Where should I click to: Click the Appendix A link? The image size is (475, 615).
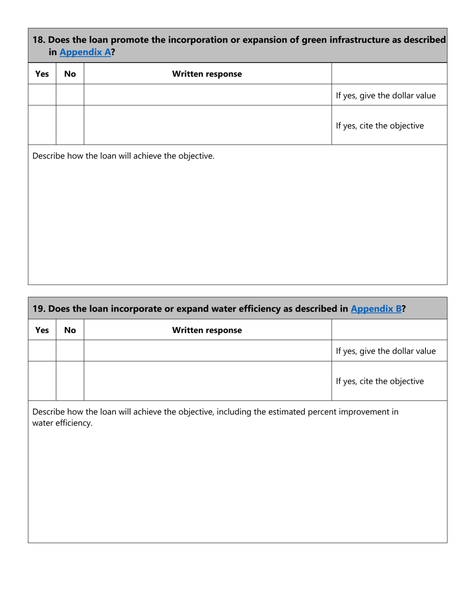(x=84, y=51)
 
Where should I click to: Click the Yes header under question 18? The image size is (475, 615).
(x=42, y=74)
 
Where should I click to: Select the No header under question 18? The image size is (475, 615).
(x=70, y=74)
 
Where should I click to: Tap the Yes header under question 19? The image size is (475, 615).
(x=42, y=330)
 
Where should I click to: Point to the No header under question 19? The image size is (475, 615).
(x=70, y=330)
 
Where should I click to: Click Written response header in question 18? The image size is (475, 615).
(x=207, y=74)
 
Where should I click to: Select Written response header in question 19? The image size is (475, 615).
(x=207, y=330)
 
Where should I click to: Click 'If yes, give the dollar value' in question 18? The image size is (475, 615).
(x=385, y=95)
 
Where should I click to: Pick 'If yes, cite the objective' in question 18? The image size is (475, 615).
(x=380, y=125)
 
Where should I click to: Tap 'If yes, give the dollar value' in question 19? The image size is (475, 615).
(x=385, y=351)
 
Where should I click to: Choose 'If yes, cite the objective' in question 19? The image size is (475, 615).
(x=380, y=381)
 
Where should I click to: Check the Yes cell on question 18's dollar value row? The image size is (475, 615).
(x=42, y=95)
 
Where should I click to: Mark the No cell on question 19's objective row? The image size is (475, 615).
(x=70, y=381)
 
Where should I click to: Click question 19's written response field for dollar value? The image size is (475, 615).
(x=207, y=351)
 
